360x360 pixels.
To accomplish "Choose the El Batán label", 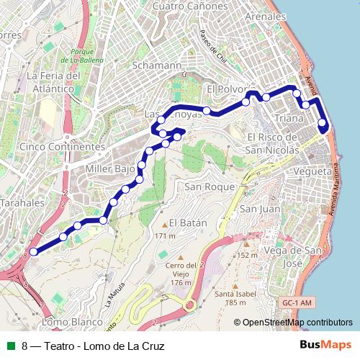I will (188, 223).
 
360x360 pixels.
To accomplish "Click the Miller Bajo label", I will (110, 169).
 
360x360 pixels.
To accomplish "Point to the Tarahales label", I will (22, 204).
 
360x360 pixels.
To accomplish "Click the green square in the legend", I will (10, 346).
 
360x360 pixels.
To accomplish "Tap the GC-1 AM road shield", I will (297, 304).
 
